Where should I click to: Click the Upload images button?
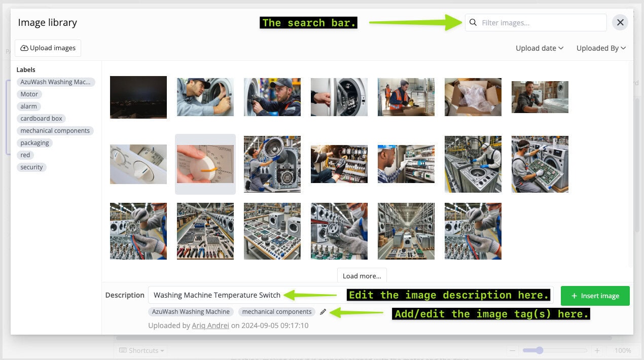point(48,48)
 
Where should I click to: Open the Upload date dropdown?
point(540,48)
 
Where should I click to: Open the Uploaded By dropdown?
point(601,48)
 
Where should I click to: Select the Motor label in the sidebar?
point(29,94)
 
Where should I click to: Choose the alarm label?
point(28,106)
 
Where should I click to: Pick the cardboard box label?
point(41,119)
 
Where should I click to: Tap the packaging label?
point(34,143)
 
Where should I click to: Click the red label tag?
point(25,155)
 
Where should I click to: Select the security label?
point(31,167)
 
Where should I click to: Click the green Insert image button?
point(595,296)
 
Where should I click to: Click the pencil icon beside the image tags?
point(323,312)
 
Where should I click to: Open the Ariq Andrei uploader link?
point(210,326)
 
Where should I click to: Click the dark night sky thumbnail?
point(138,97)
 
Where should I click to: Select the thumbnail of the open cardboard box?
point(473,97)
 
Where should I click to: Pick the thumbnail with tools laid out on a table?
point(205,231)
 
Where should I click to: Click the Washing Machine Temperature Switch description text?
point(217,295)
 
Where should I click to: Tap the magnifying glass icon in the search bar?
point(473,22)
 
